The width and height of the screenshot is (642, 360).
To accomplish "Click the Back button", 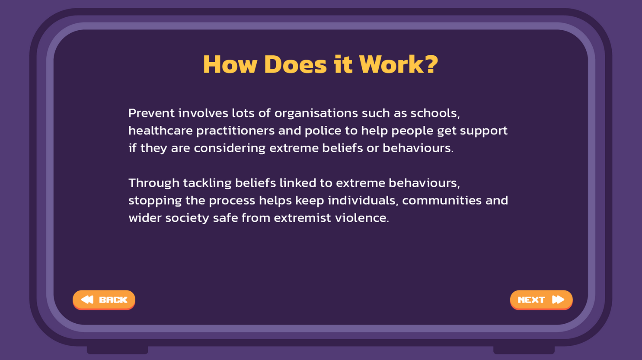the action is point(104,300).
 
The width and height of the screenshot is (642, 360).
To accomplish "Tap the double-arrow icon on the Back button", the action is point(87,299).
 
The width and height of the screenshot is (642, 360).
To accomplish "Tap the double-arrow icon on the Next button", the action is point(558,299).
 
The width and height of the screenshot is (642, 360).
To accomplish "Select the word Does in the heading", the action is point(295,64).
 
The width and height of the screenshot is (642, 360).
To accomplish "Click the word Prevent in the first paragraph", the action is point(151,113).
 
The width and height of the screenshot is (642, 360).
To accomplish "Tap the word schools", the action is point(435,114).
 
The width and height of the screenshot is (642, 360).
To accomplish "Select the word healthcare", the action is point(160,131).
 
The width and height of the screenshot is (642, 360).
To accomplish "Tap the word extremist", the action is point(302,218).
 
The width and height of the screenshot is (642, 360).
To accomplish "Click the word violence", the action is point(362,218).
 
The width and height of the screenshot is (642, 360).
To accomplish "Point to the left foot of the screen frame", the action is point(118,350).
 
